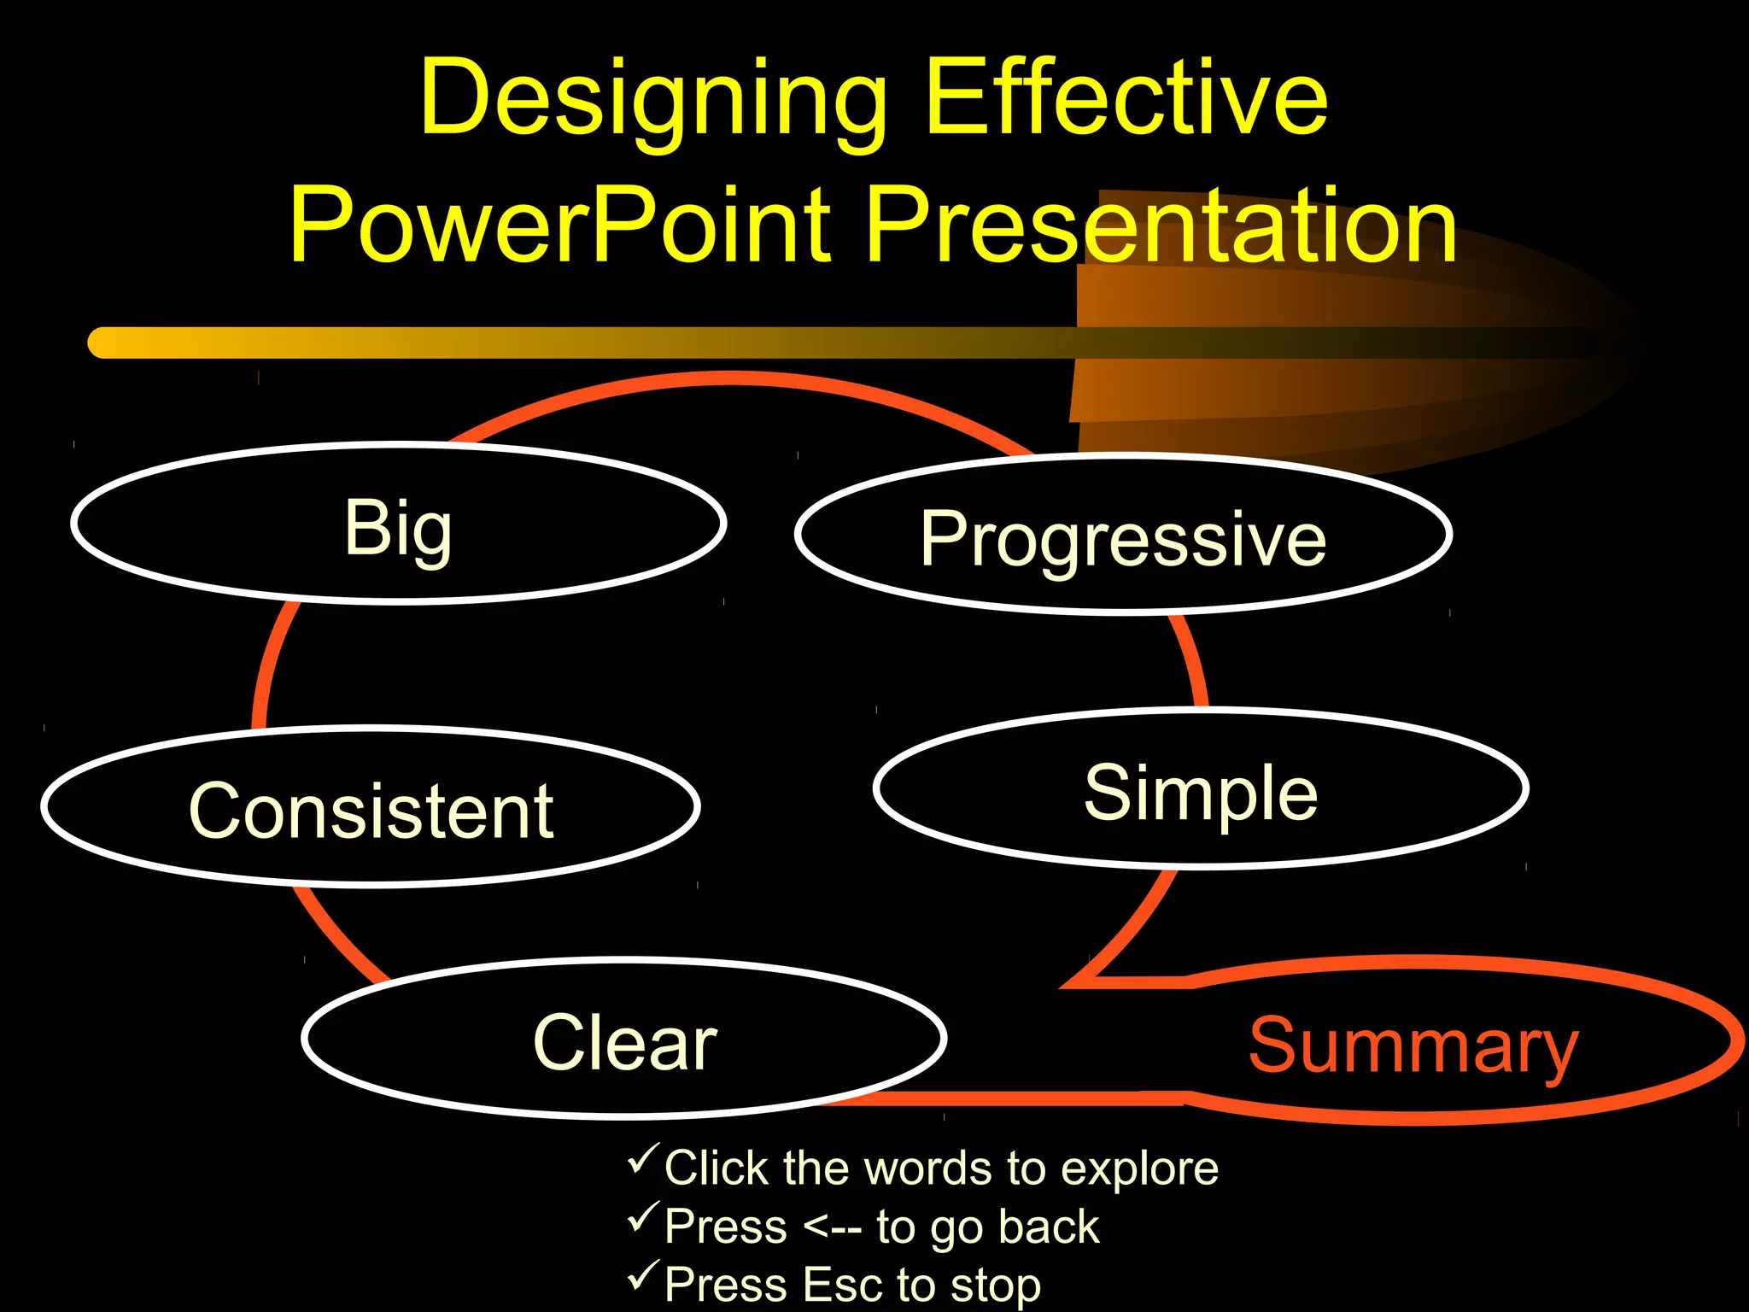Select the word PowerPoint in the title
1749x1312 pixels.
(560, 226)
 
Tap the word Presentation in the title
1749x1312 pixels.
(1161, 226)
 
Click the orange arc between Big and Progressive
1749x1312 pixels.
(734, 380)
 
